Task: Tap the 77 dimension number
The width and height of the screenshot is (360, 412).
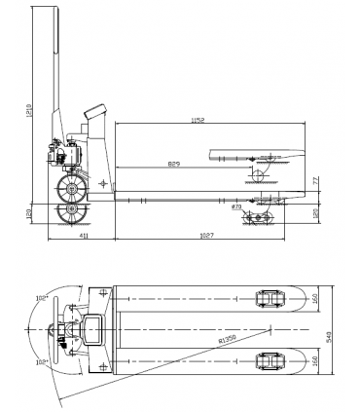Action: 314,181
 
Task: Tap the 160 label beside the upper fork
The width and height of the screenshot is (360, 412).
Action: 314,300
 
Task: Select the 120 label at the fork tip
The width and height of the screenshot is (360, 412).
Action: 314,211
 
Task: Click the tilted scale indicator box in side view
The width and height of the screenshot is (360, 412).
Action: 98,112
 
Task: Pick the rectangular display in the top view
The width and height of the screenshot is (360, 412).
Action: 95,329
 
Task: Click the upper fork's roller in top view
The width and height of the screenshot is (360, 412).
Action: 268,299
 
